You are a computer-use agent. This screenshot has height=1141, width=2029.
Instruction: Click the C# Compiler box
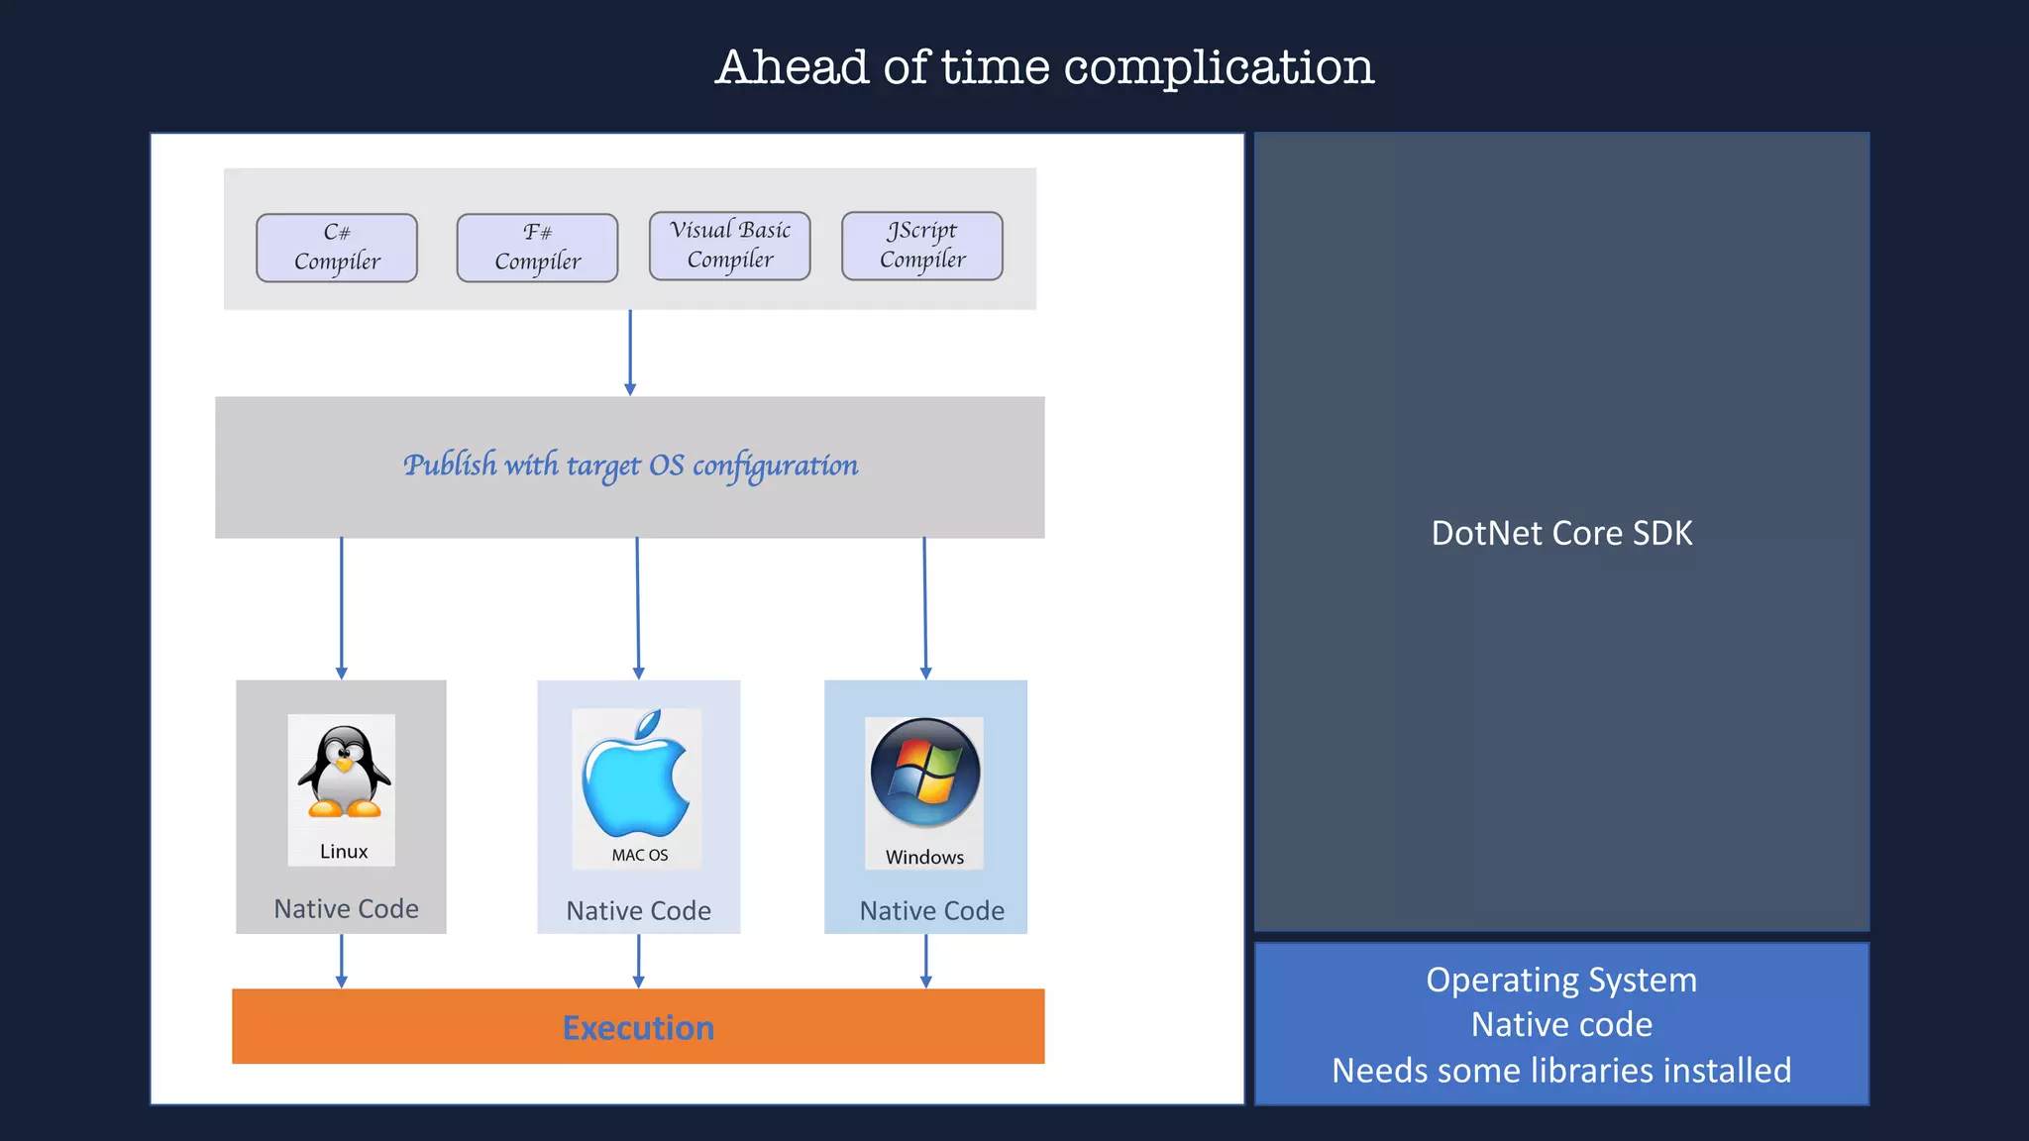click(x=337, y=248)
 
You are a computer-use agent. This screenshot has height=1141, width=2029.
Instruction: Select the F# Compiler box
click(x=537, y=248)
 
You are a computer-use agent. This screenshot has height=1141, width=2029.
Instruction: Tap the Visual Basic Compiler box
click(x=730, y=246)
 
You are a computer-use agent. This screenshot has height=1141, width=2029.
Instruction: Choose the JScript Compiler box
click(x=922, y=246)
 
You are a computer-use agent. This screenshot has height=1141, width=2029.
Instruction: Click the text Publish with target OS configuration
click(x=630, y=466)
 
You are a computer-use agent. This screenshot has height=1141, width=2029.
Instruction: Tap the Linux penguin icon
click(x=344, y=773)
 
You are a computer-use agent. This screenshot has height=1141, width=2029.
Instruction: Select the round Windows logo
click(x=925, y=773)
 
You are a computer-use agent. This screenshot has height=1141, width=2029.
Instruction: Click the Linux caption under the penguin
click(x=344, y=852)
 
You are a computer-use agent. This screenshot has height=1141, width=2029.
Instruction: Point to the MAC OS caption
click(x=640, y=855)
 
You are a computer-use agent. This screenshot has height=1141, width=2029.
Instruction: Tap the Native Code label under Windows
click(x=931, y=911)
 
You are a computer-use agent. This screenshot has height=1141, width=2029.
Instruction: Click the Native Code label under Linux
click(x=346, y=909)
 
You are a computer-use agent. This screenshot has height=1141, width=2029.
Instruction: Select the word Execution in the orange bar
click(x=638, y=1028)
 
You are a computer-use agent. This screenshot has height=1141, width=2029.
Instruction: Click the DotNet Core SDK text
click(x=1561, y=534)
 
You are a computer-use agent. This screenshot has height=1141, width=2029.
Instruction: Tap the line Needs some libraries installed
click(x=1561, y=1071)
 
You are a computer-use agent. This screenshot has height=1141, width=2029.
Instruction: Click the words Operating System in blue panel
click(x=1561, y=981)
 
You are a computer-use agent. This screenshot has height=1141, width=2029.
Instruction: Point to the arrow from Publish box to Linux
click(x=342, y=608)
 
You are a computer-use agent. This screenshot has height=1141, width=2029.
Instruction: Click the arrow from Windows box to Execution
click(x=925, y=961)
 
